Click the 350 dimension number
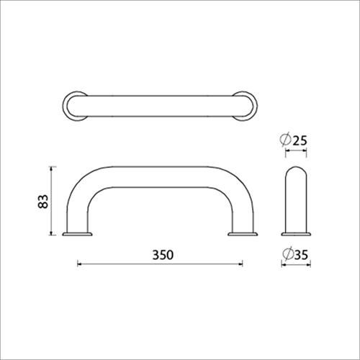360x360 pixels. click(163, 255)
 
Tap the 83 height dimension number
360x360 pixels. click(43, 202)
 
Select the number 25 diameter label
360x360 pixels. click(300, 140)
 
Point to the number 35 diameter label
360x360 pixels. click(301, 255)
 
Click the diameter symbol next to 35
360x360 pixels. click(288, 254)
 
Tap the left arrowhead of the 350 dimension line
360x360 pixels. click(79, 264)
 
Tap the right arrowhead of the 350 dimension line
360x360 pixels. click(240, 264)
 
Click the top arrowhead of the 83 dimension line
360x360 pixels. click(50, 168)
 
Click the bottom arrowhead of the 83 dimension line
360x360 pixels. click(50, 233)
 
